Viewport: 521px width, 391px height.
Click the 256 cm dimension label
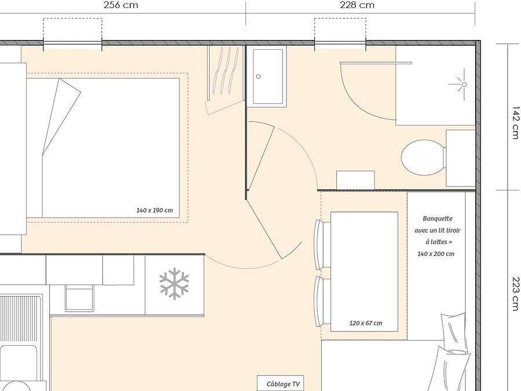(120, 5)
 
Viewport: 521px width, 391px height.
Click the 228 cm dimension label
(357, 5)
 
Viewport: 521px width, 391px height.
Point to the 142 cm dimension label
(515, 122)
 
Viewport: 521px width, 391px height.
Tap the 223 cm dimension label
(515, 294)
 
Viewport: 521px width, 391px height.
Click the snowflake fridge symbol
(174, 284)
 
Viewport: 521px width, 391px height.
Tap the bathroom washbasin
(267, 76)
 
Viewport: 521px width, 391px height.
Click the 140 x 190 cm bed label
(155, 210)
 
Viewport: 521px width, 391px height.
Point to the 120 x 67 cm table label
(365, 323)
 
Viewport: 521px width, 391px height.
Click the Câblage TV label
(283, 384)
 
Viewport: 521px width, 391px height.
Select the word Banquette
(438, 218)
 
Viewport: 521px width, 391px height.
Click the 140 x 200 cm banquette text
(436, 253)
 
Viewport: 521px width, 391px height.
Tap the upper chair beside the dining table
(319, 244)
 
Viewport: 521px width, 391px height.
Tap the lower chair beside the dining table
(319, 301)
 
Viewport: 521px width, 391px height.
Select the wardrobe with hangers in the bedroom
(225, 75)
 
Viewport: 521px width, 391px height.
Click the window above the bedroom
(72, 42)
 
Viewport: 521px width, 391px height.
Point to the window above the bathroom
(340, 42)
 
